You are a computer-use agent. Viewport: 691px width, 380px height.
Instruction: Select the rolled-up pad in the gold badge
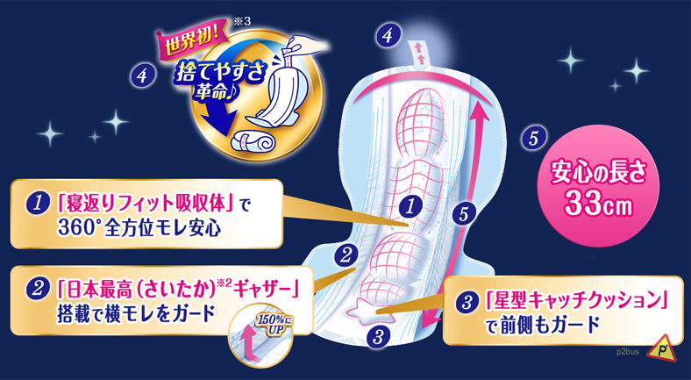[250, 142]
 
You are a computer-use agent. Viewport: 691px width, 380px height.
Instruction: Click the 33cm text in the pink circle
[600, 204]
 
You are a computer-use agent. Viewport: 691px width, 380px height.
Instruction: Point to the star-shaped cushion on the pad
[364, 311]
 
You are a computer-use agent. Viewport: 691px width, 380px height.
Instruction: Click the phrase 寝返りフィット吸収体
[146, 204]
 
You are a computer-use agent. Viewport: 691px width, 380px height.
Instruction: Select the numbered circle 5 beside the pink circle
[533, 139]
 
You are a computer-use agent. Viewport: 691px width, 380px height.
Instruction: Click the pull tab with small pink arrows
[417, 53]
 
